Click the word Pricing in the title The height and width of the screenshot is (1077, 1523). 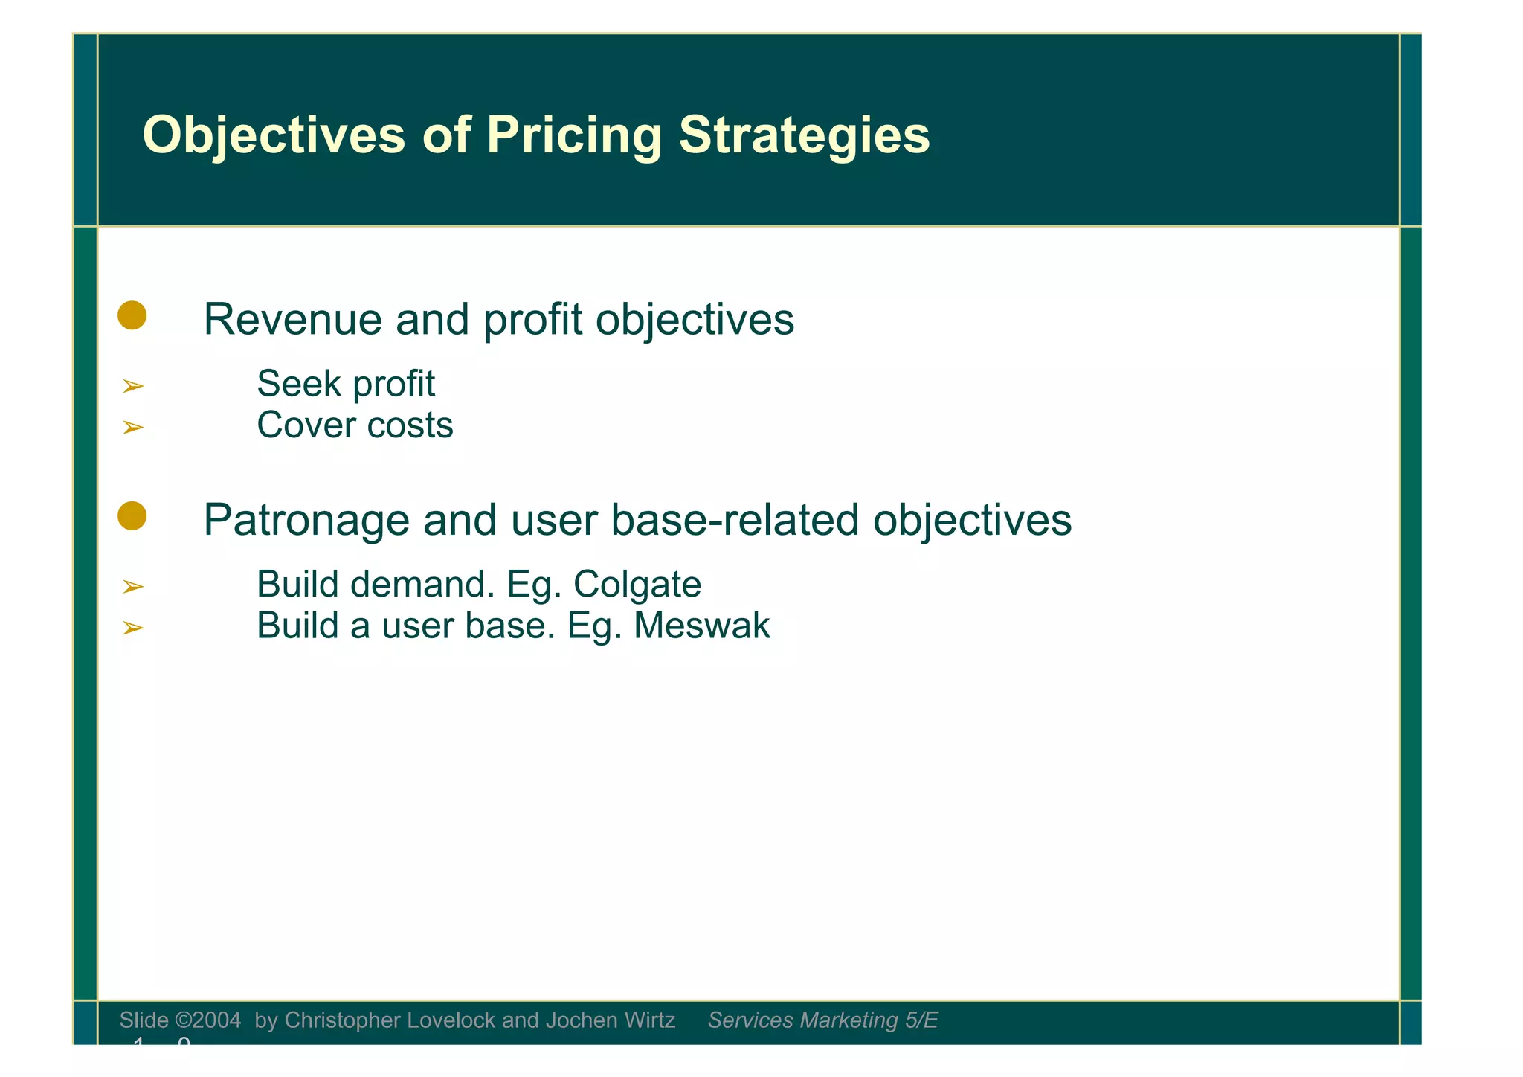pos(573,135)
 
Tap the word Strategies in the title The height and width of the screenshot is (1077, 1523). pos(804,135)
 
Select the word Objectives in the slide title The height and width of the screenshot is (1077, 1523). pos(274,135)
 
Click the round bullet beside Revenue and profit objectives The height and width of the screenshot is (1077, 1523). pos(132,315)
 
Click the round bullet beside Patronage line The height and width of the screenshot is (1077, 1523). pos(132,516)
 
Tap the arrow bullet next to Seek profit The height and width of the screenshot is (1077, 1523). pos(132,386)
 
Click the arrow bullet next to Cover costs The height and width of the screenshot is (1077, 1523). pos(132,427)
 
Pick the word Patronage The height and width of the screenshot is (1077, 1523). pos(306,520)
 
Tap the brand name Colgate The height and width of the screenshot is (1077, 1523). pos(637,585)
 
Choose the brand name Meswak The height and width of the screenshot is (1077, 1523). pos(701,626)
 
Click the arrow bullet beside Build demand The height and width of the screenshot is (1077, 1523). pos(132,587)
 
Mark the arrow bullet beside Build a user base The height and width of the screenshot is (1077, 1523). pos(132,628)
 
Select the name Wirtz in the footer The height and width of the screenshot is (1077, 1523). pos(650,1020)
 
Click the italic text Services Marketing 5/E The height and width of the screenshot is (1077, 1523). pos(822,1020)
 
